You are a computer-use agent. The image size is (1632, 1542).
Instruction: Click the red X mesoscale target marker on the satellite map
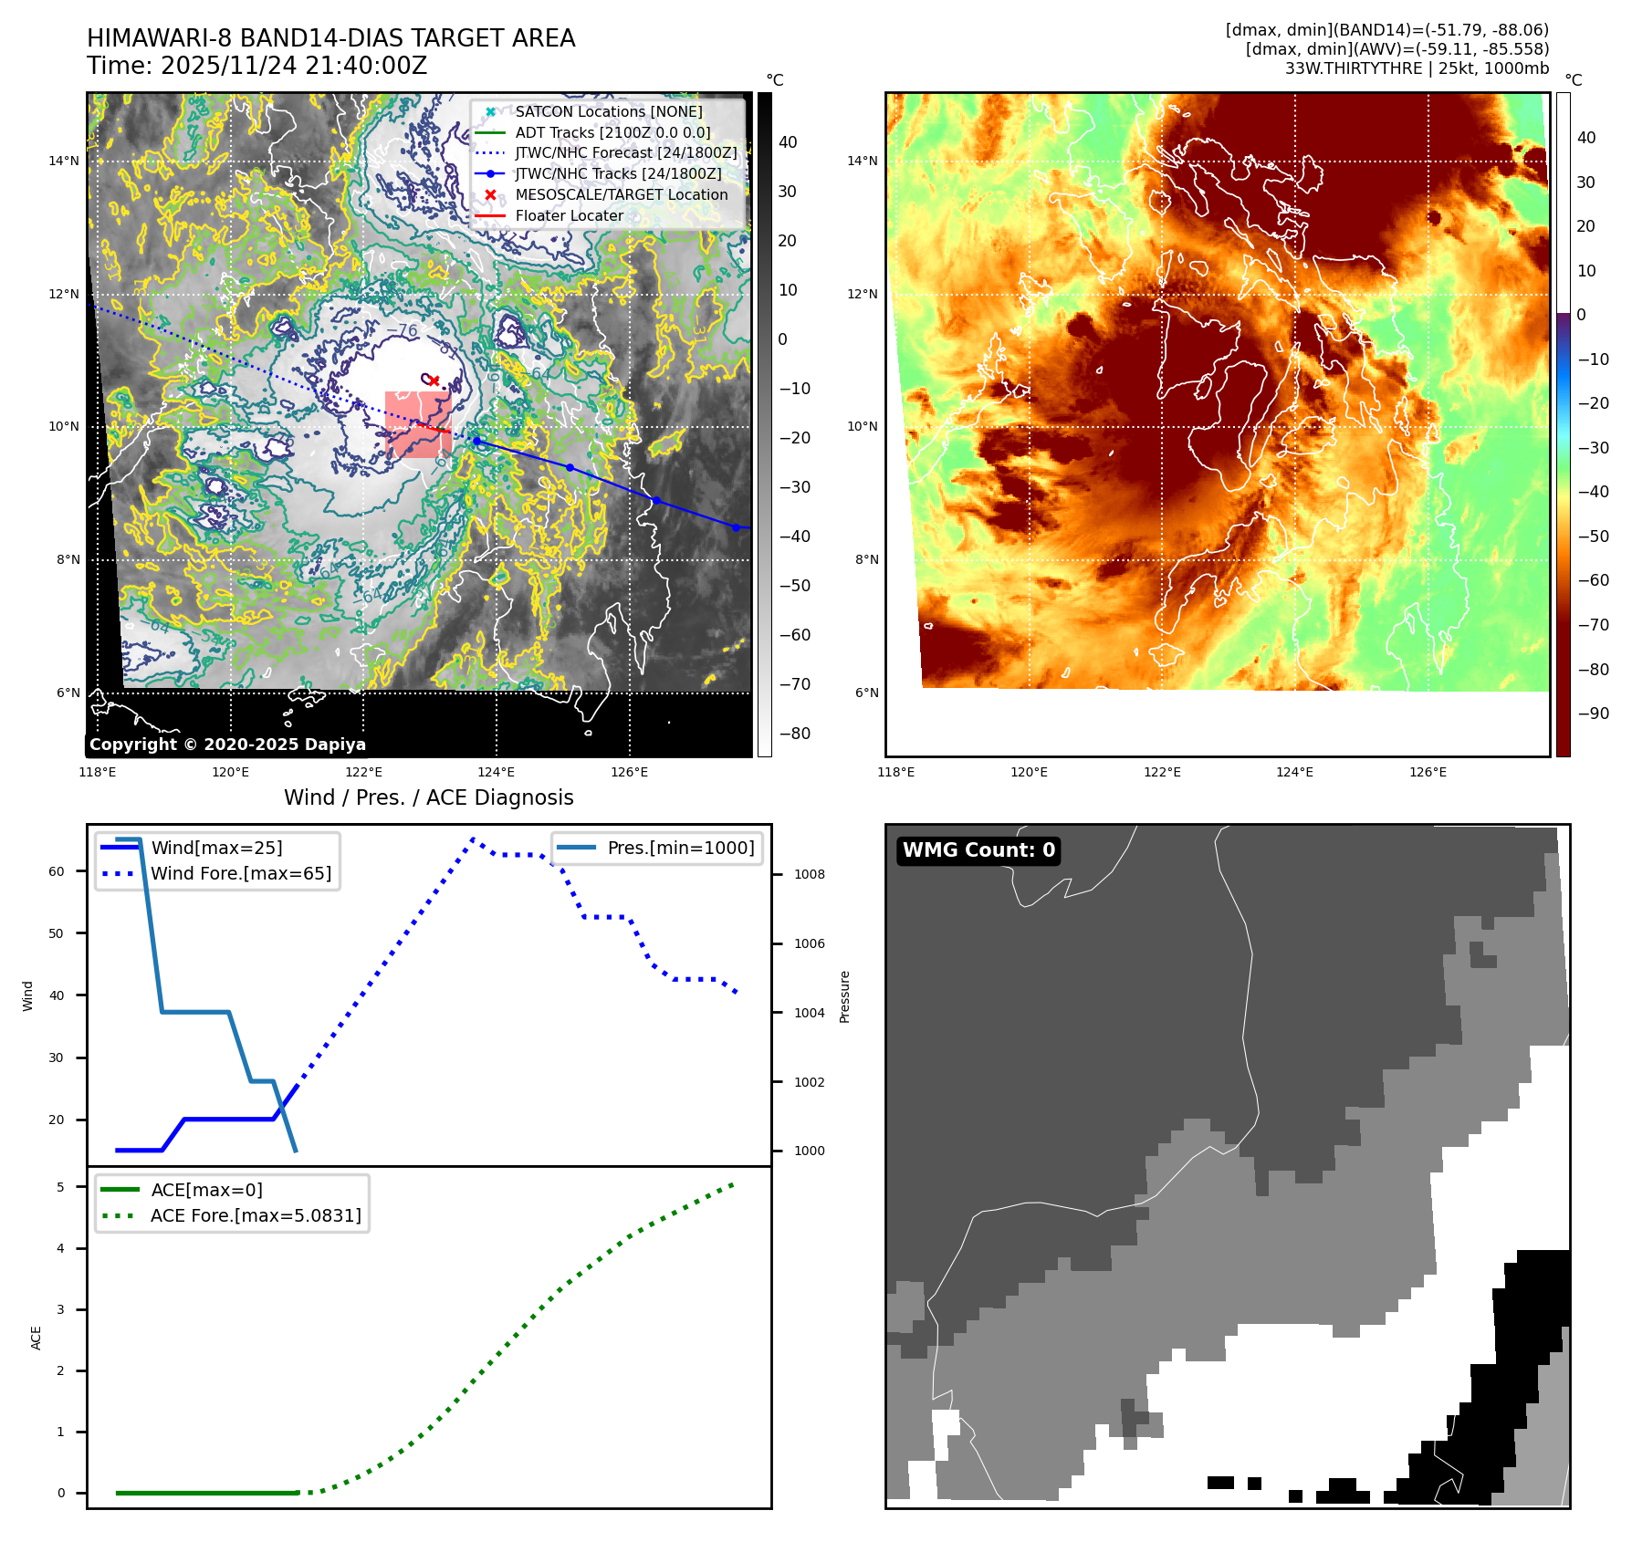coord(434,380)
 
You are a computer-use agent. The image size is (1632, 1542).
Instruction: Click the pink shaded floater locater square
coord(418,424)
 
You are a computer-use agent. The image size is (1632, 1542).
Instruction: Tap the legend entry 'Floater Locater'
coord(569,216)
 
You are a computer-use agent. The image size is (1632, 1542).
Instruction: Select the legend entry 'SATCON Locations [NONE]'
coord(608,111)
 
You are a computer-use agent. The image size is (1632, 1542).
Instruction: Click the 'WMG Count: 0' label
coord(978,850)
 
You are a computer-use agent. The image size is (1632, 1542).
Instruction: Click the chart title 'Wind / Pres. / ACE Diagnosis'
coord(428,797)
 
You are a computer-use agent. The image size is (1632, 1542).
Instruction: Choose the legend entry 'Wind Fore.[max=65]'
coord(241,873)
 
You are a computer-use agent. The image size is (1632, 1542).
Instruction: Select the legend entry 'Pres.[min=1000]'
coord(680,848)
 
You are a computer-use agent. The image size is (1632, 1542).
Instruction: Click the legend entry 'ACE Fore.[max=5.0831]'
coord(256,1215)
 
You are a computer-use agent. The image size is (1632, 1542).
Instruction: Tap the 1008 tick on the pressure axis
coord(809,874)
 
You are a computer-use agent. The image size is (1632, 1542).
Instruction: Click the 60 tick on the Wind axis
coord(57,871)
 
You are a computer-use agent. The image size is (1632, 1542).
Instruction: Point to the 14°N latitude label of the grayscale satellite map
coord(64,161)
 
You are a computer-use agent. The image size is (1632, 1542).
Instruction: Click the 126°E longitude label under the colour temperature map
coord(1428,772)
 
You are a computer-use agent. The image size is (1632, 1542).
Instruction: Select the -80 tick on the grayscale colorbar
coord(794,734)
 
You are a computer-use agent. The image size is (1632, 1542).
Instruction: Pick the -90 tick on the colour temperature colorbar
coord(1593,714)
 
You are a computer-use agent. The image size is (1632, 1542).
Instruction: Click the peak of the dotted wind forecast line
coord(473,839)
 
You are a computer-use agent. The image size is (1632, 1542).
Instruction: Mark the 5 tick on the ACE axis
coord(61,1187)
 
